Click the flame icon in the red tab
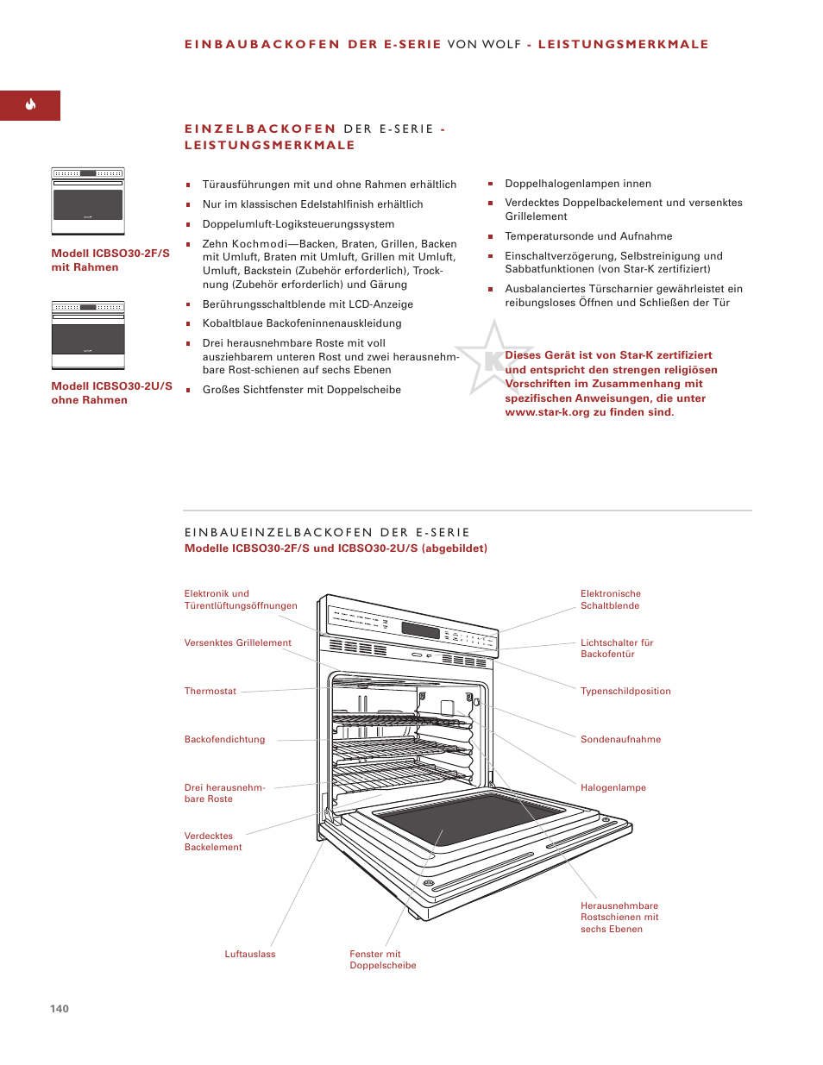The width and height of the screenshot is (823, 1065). point(30,105)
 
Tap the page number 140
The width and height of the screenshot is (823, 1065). point(60,1008)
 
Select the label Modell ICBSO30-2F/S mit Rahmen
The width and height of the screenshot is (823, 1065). point(110,260)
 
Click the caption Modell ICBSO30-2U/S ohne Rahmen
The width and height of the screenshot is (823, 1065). point(111,392)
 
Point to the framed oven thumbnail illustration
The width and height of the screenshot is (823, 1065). point(88,201)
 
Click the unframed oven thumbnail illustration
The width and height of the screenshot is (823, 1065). point(88,335)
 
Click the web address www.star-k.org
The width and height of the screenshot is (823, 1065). point(547,412)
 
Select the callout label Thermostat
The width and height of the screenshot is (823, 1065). point(210,691)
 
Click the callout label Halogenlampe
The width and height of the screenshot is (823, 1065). point(613,787)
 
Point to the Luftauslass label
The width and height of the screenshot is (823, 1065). point(250,954)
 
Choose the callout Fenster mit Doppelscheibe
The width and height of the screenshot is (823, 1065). point(382,959)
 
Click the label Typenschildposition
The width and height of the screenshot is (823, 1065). point(625,691)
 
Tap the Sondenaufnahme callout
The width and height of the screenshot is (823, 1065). point(620,739)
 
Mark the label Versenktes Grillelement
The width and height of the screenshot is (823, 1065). point(237,642)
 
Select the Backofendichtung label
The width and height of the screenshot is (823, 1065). point(224,739)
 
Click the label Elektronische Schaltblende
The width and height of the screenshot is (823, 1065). point(610,599)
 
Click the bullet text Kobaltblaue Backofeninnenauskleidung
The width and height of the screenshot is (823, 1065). point(301,323)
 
